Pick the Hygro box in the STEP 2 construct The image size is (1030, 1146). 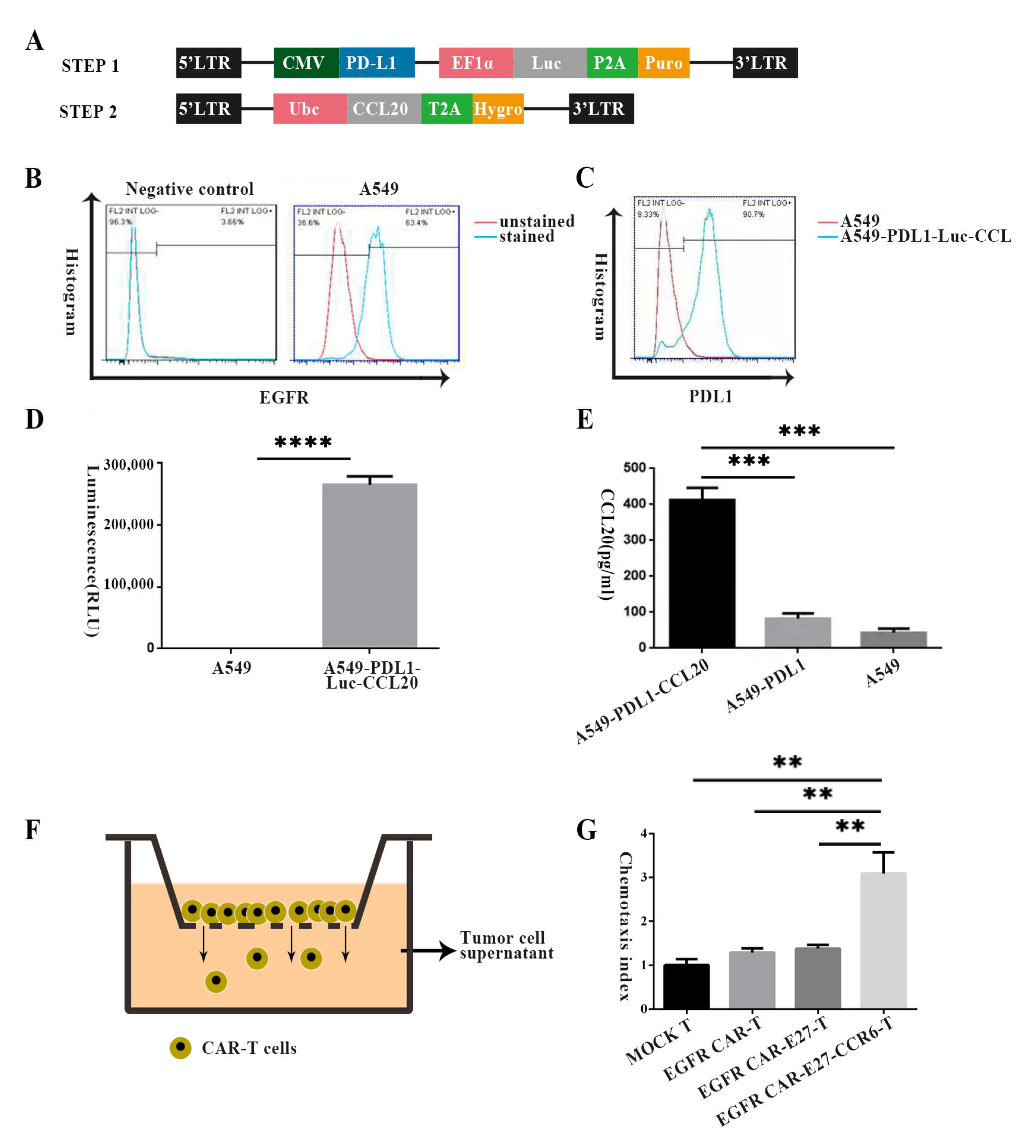click(498, 109)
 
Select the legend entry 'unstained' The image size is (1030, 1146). click(537, 221)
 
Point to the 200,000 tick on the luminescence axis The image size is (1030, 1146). click(129, 525)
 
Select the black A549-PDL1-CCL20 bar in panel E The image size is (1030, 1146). click(702, 573)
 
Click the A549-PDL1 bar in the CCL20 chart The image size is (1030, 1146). click(798, 632)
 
